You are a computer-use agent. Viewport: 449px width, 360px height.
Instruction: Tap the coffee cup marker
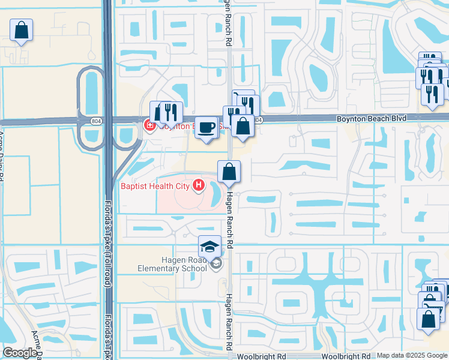(206, 128)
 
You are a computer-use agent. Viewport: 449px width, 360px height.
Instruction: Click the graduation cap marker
(209, 247)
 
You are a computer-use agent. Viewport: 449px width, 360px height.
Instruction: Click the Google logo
(20, 353)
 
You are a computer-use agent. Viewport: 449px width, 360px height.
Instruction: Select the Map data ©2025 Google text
(412, 355)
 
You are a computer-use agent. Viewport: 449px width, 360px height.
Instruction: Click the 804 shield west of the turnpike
(96, 121)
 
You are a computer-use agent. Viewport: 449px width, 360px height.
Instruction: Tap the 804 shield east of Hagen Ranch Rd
(258, 121)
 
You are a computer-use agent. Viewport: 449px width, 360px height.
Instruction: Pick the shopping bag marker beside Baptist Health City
(229, 172)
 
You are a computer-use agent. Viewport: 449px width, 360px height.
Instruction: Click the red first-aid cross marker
(148, 125)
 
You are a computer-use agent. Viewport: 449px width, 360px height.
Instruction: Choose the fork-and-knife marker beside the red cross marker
(170, 112)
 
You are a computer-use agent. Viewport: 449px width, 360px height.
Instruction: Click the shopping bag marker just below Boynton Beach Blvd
(243, 127)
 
